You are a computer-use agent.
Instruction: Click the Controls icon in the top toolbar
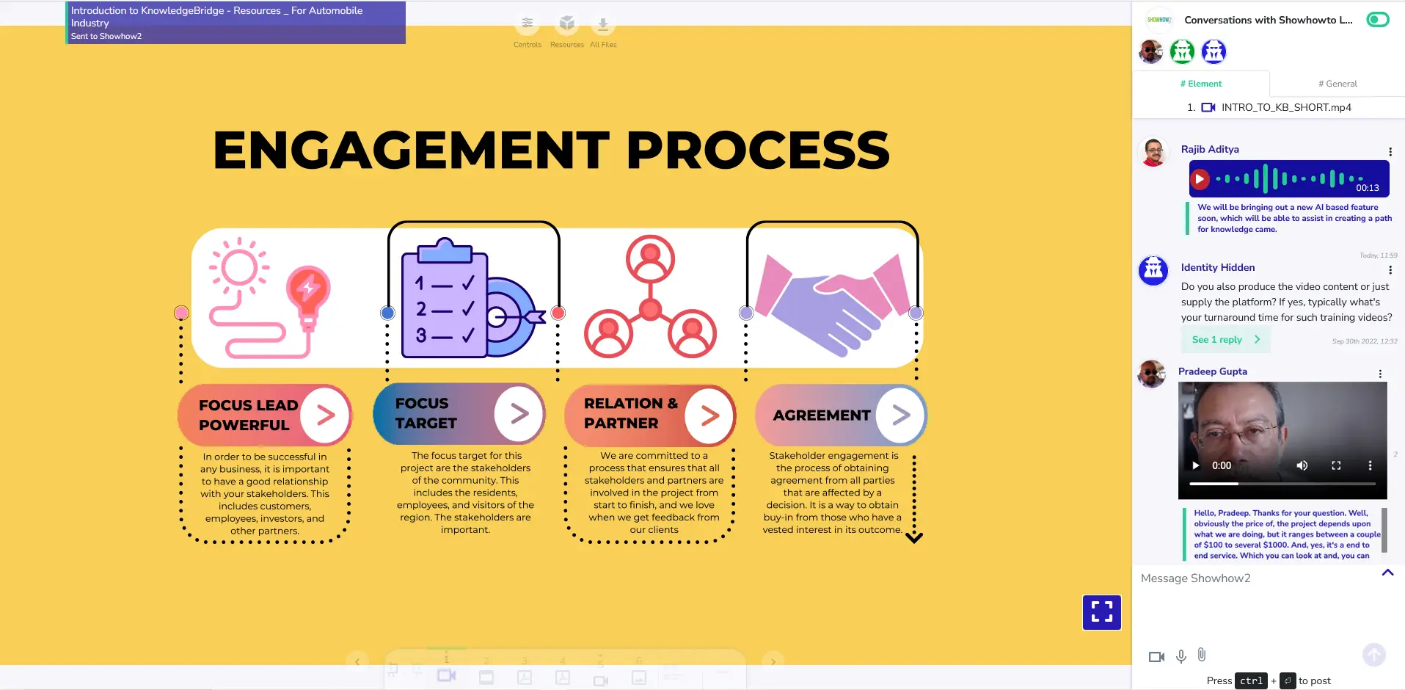(527, 24)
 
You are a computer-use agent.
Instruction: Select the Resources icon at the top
(566, 24)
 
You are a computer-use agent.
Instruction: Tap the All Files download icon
(603, 24)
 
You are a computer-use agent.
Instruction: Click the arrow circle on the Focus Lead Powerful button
(325, 415)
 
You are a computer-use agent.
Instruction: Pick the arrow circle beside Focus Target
(519, 414)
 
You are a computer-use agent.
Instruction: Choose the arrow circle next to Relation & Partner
(709, 416)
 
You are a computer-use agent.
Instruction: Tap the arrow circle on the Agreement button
(901, 415)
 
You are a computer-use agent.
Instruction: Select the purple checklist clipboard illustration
(445, 301)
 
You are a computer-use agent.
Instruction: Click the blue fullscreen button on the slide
(1101, 612)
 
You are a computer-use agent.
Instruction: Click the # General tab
(1338, 84)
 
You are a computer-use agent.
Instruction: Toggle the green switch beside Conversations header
(1377, 20)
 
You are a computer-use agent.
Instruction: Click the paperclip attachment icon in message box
(1202, 655)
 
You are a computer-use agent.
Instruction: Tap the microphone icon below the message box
(1181, 656)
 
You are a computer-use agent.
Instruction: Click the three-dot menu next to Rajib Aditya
(1390, 152)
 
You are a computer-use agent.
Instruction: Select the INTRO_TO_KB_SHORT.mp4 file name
(1285, 107)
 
